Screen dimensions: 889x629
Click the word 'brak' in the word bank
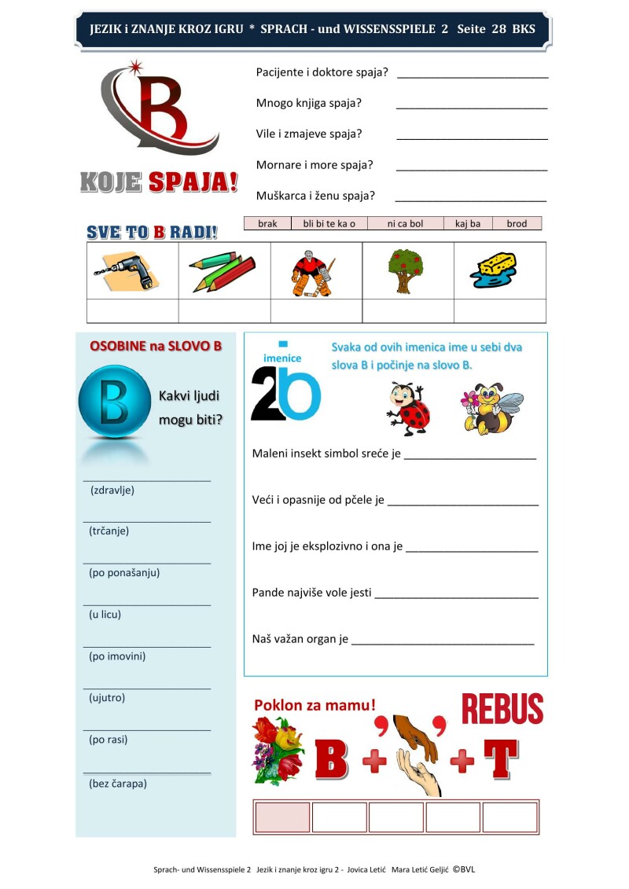pyautogui.click(x=267, y=224)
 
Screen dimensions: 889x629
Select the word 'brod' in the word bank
pyautogui.click(x=517, y=224)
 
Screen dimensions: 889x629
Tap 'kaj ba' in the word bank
pyautogui.click(x=468, y=224)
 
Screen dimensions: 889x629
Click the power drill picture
pyautogui.click(x=127, y=271)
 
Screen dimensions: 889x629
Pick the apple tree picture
pyautogui.click(x=406, y=270)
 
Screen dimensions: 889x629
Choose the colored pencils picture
pyautogui.click(x=223, y=272)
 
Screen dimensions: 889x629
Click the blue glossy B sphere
pyautogui.click(x=114, y=402)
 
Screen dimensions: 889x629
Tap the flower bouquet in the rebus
pyautogui.click(x=278, y=751)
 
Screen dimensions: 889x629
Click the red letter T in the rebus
pyautogui.click(x=500, y=759)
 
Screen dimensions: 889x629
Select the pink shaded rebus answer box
pyautogui.click(x=282, y=817)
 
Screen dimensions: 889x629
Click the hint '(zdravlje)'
pyautogui.click(x=112, y=490)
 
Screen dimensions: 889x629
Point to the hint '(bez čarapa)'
pyautogui.click(x=118, y=783)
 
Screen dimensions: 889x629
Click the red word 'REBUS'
pyautogui.click(x=502, y=709)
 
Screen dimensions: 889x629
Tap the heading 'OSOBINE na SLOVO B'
pyautogui.click(x=156, y=346)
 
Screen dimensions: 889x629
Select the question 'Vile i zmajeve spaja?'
pyautogui.click(x=309, y=134)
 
